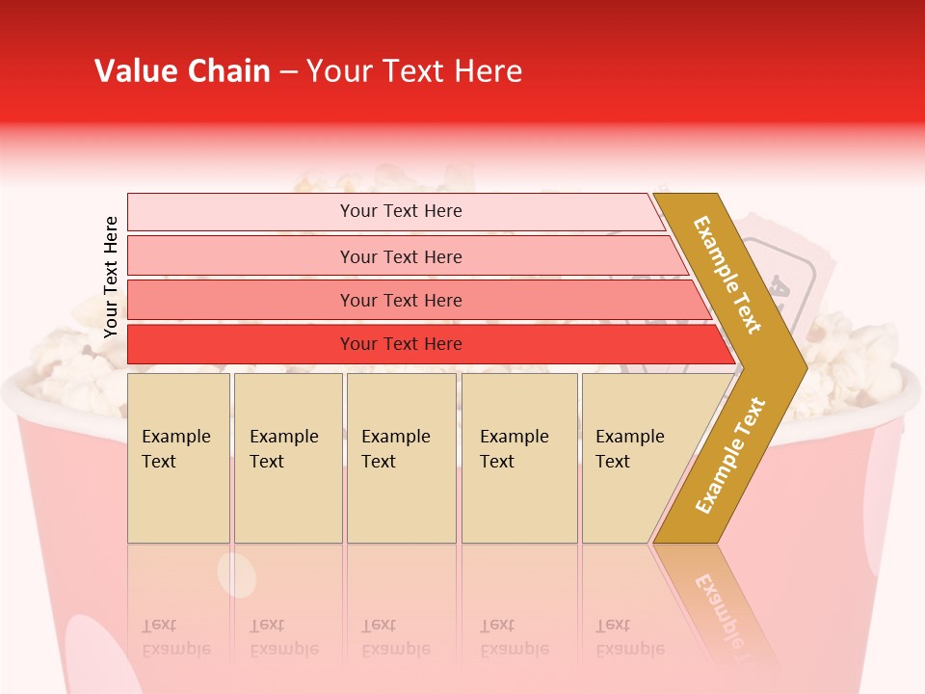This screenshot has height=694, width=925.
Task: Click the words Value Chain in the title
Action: click(182, 71)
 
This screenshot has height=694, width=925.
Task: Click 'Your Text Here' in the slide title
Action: click(414, 71)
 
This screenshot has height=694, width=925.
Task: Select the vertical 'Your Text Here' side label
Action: click(111, 277)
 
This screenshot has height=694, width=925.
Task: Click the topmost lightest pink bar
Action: click(400, 211)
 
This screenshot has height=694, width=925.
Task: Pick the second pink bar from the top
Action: click(400, 256)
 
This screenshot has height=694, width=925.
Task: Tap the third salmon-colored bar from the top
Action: click(400, 300)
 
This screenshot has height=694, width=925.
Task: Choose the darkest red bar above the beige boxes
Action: click(400, 344)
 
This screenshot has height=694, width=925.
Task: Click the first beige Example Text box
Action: click(178, 458)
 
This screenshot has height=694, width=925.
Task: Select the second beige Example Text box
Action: click(287, 458)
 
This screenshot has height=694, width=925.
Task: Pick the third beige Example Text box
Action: click(400, 458)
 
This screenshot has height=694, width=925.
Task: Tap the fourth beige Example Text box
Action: click(518, 458)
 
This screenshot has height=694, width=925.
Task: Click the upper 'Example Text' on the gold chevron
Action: click(727, 275)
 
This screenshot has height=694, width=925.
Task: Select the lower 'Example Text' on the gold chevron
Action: click(730, 456)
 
